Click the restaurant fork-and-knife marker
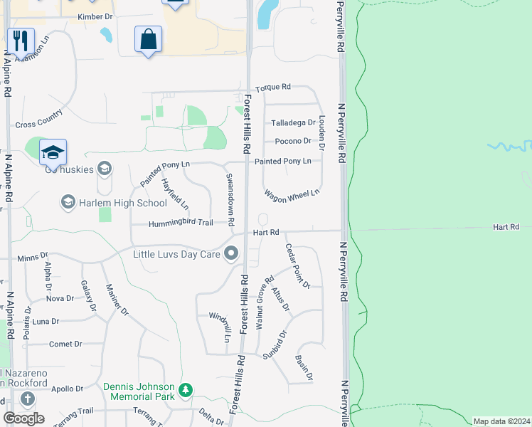21,42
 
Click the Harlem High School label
112,204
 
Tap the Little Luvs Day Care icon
231,253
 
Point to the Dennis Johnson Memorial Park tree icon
186,390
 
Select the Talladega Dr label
292,123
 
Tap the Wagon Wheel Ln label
292,195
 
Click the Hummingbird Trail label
181,223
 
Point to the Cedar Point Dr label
298,266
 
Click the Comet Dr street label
65,344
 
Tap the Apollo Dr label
68,389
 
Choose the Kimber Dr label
96,15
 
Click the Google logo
23,418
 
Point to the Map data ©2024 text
501,421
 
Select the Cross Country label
39,123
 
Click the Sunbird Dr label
274,344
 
